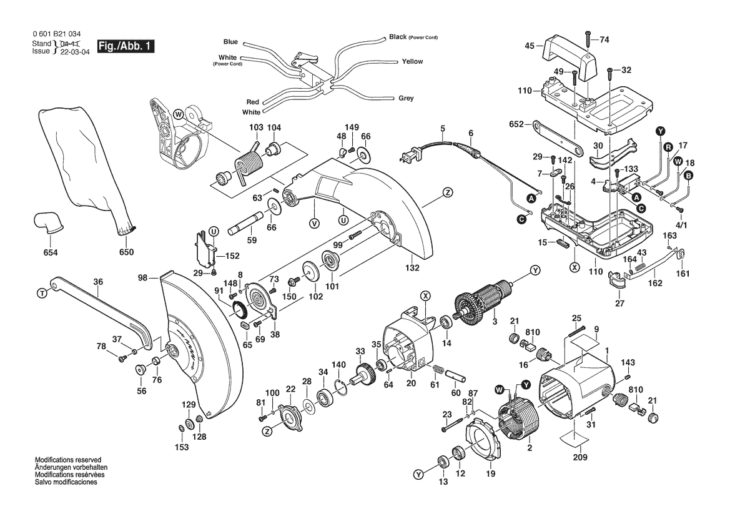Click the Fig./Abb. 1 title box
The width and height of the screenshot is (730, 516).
click(x=125, y=47)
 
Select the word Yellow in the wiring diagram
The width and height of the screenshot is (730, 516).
click(x=412, y=62)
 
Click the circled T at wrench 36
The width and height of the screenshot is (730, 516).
click(x=42, y=292)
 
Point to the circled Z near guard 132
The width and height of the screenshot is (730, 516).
click(x=447, y=192)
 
